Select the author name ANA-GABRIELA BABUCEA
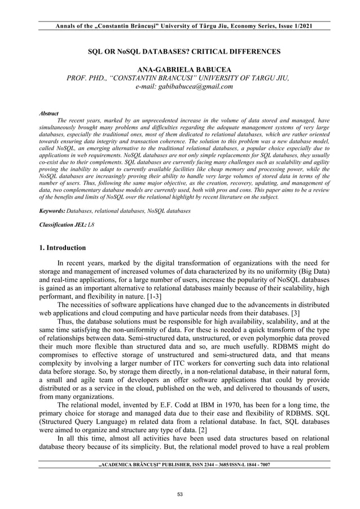[180, 69]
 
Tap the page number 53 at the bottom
[180, 494]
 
